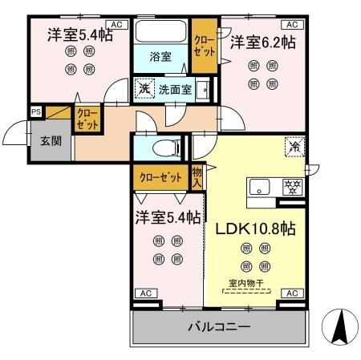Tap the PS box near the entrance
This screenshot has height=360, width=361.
(36, 112)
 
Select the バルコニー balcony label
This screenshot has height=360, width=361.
(220, 327)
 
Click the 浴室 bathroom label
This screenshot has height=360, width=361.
(160, 56)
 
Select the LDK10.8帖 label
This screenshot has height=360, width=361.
(255, 229)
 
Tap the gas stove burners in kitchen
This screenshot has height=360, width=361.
(291, 188)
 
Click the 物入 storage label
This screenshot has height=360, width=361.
(197, 176)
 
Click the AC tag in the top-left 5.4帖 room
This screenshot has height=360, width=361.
(116, 25)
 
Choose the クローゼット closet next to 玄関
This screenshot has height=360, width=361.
(87, 120)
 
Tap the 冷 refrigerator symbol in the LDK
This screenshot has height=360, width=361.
(294, 147)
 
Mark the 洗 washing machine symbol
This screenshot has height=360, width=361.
(144, 88)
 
